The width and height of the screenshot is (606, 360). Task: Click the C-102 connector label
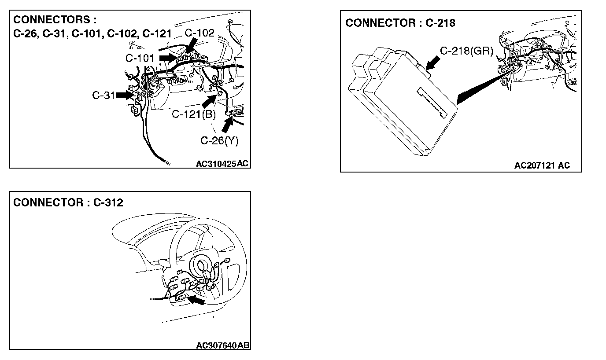[x=199, y=33]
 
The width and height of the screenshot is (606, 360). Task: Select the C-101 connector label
[x=140, y=58]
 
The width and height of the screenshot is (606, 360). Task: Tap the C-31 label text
[x=104, y=95]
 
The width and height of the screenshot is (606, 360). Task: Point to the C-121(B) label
[x=194, y=115]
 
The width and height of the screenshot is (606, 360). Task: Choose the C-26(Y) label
[x=219, y=141]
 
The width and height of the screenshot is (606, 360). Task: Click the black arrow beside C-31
[x=126, y=95]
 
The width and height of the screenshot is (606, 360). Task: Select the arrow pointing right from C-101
[x=167, y=58]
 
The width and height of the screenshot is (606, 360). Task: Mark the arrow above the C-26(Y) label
[x=227, y=124]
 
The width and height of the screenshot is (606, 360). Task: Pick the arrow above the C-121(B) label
[x=210, y=101]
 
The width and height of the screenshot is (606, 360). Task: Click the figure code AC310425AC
[x=222, y=164]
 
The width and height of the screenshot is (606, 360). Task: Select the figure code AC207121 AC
[x=542, y=165]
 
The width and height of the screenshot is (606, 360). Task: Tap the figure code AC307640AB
[x=223, y=345]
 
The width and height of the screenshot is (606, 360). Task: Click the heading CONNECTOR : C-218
[x=400, y=23]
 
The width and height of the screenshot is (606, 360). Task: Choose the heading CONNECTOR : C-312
[x=68, y=202]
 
